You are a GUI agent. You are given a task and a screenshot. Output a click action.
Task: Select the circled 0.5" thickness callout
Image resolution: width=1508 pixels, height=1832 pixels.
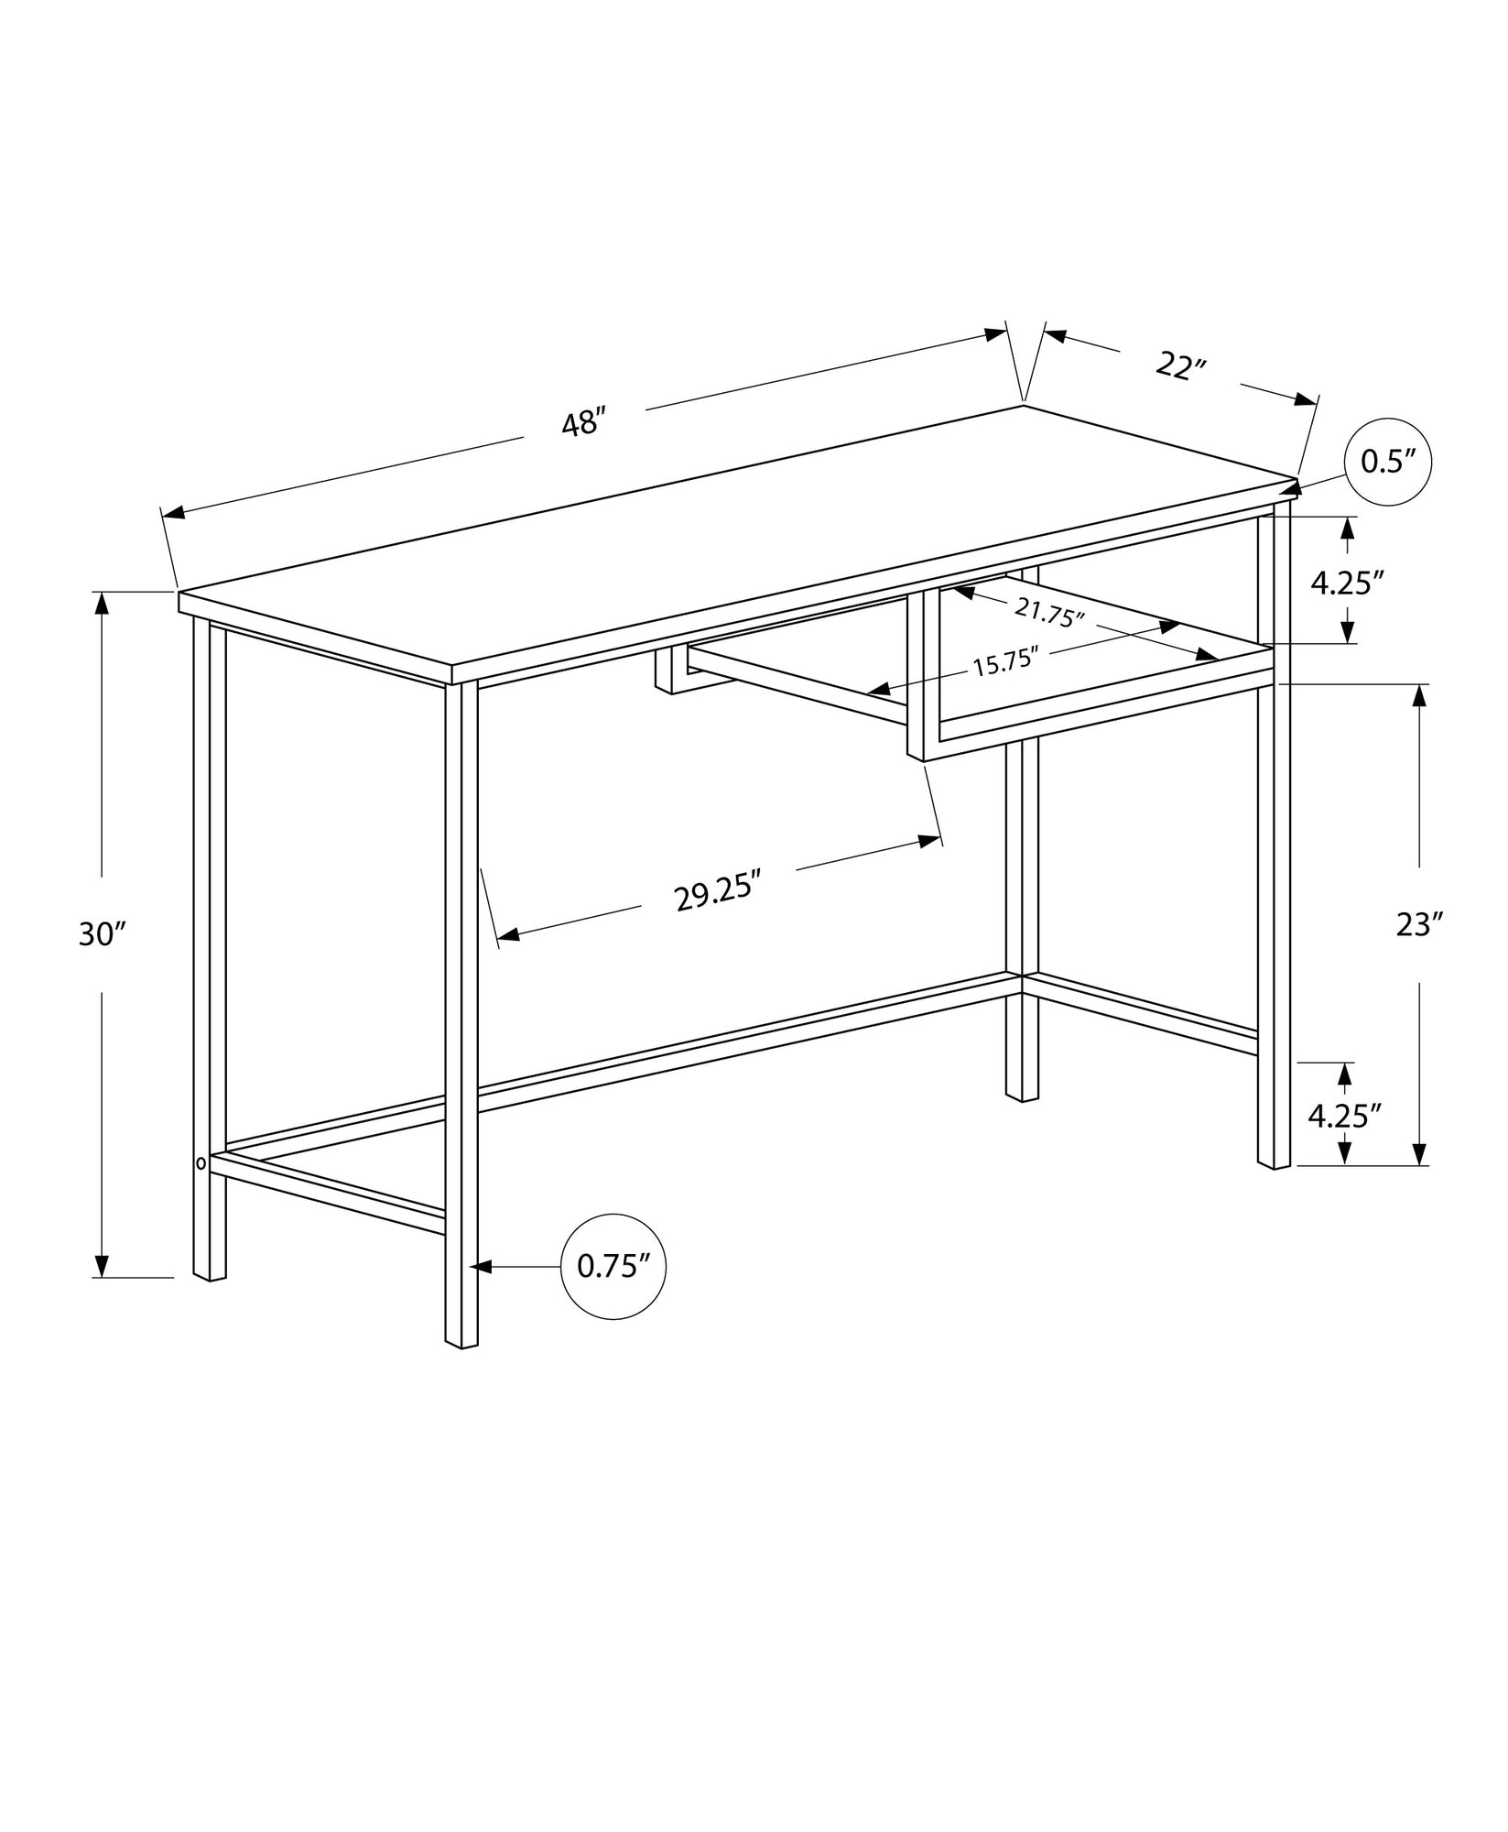pyautogui.click(x=1387, y=462)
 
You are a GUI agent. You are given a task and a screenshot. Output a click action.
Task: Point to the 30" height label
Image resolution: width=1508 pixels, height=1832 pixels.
pyautogui.click(x=102, y=934)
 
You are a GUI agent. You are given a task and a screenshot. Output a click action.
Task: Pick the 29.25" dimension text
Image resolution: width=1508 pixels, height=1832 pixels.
pyautogui.click(x=719, y=893)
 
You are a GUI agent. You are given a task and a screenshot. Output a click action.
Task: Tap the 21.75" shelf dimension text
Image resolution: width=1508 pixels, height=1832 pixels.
pyautogui.click(x=1048, y=612)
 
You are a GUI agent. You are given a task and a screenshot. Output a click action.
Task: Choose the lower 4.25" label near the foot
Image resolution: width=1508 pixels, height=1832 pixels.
pyautogui.click(x=1344, y=1115)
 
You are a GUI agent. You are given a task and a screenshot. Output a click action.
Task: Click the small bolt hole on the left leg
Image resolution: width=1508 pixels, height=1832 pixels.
pyautogui.click(x=201, y=1163)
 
